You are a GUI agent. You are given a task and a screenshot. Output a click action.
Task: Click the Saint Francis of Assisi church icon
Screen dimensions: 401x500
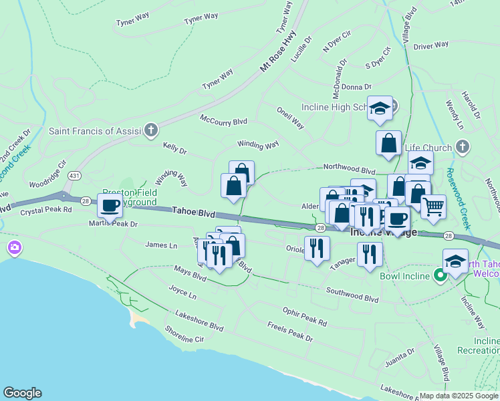click(x=152, y=130)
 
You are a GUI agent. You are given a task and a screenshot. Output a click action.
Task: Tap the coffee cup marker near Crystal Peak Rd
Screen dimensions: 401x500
click(x=110, y=205)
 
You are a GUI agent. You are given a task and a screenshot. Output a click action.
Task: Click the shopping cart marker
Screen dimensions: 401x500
click(x=433, y=207)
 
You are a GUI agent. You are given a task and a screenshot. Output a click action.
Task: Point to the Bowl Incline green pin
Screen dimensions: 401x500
click(x=441, y=275)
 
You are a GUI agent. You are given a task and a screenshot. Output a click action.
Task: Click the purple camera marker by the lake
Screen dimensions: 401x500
click(x=14, y=249)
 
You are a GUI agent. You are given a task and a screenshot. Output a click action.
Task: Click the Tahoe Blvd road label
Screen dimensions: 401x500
click(x=194, y=212)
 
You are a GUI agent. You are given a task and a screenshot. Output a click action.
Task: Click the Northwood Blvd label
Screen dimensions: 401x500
click(x=349, y=170)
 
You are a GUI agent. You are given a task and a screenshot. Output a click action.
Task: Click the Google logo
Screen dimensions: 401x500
click(x=22, y=393)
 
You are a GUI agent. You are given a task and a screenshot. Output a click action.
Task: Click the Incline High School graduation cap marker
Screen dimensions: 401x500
click(x=380, y=108)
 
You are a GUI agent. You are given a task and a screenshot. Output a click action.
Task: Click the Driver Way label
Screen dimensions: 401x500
click(x=430, y=46)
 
